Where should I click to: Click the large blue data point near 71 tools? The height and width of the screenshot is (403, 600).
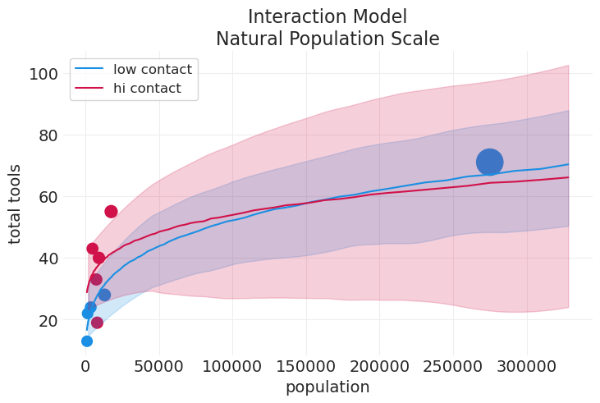pos(489,163)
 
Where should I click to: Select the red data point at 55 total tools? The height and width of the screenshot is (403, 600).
pos(111,212)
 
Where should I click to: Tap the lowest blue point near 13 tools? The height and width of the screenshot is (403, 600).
pos(87,341)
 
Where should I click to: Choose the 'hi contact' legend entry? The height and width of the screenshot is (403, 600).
pos(147,89)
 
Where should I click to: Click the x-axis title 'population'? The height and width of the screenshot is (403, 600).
pos(327,387)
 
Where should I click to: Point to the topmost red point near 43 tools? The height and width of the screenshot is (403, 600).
pos(92,249)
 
